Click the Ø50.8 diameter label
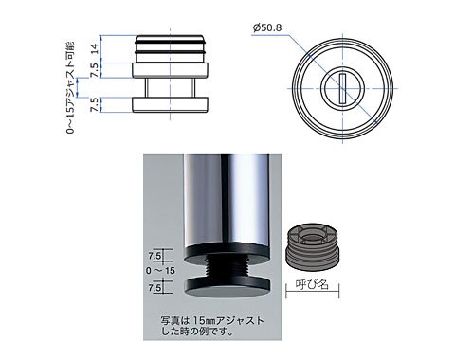(x=267, y=27)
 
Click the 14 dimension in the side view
(x=95, y=48)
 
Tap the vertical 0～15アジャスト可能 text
(x=71, y=87)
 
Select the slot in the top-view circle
(x=341, y=88)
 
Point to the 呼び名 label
(x=312, y=285)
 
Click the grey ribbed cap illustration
(x=313, y=247)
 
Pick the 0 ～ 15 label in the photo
(x=160, y=271)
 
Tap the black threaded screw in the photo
(x=227, y=267)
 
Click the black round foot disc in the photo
(x=227, y=286)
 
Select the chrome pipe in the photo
(x=227, y=201)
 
